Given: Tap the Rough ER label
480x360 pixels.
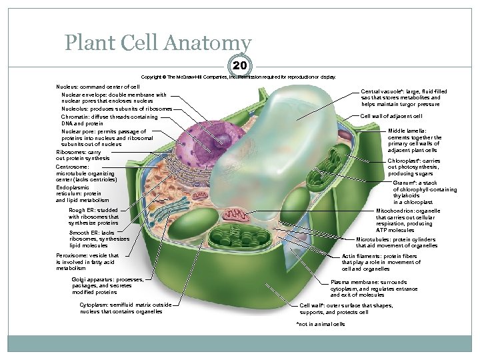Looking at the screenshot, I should (x=93, y=216).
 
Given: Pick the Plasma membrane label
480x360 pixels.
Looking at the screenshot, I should (x=373, y=288).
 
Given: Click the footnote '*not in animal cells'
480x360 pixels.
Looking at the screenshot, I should (x=321, y=324).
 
